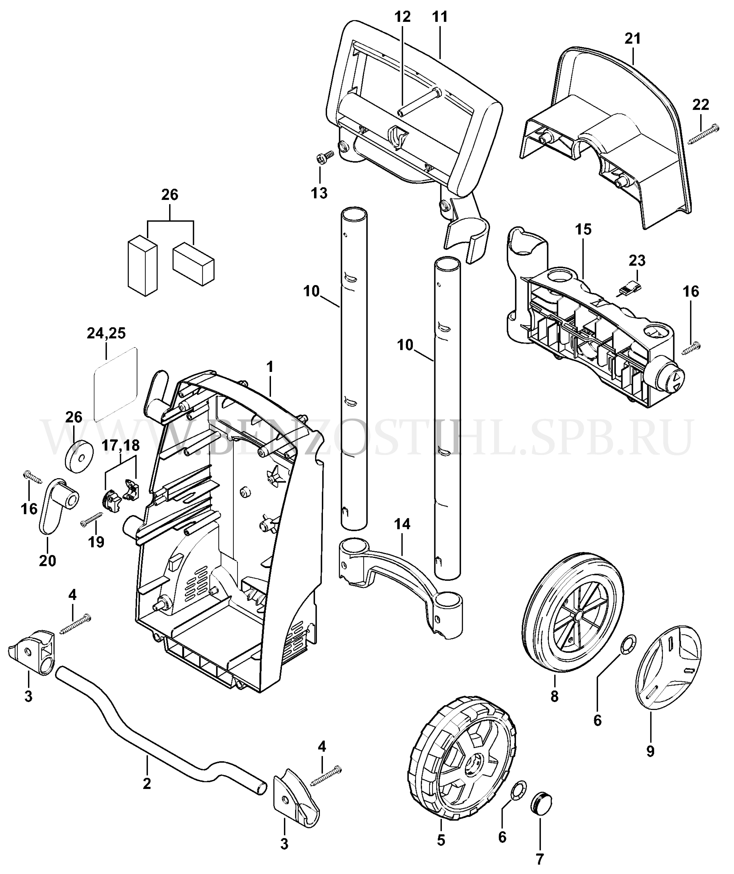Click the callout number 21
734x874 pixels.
tap(633, 39)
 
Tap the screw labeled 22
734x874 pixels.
tap(704, 134)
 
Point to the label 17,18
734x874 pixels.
tap(121, 445)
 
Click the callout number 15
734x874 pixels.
tap(583, 229)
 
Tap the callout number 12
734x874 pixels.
tap(403, 17)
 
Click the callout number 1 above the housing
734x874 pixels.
tap(270, 367)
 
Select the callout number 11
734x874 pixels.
tap(440, 17)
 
